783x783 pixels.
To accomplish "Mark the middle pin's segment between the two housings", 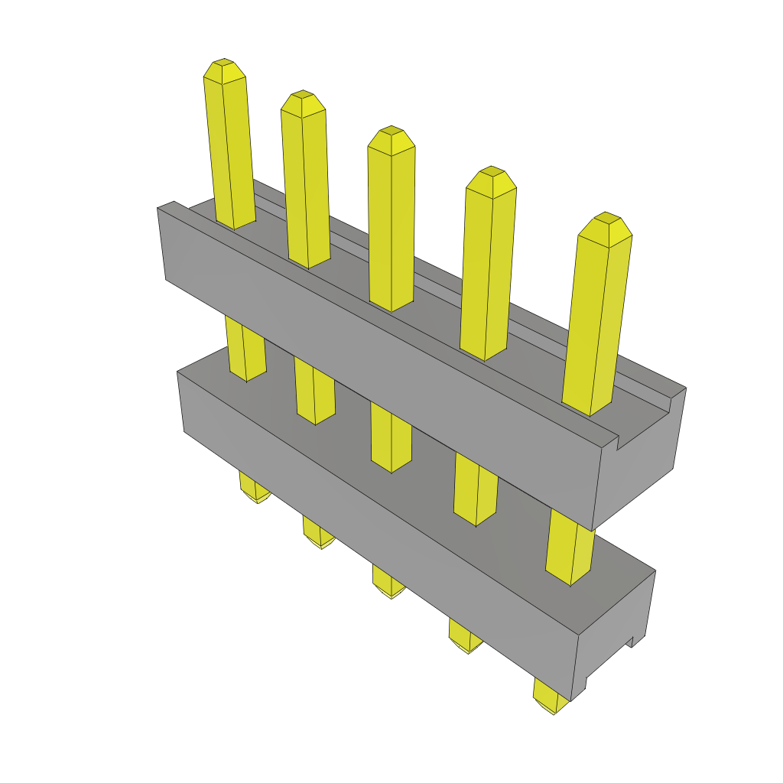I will [x=391, y=436].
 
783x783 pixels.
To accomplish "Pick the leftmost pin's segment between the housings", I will [x=245, y=350].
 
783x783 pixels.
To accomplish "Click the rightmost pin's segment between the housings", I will [x=570, y=547].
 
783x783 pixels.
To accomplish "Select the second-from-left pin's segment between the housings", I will [x=314, y=393].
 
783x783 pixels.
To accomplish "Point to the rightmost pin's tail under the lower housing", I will [x=550, y=697].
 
